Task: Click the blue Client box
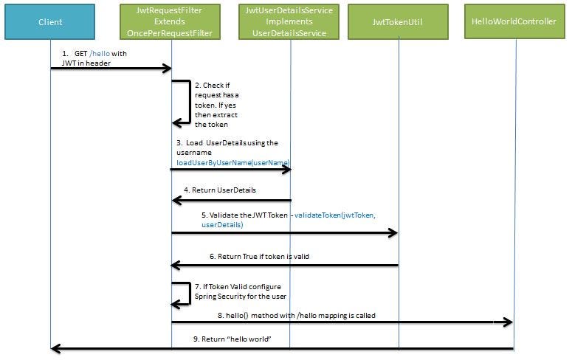(x=50, y=22)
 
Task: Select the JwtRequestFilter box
(x=171, y=22)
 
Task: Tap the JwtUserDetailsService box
(x=289, y=22)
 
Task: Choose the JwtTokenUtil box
(x=399, y=22)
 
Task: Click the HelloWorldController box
(x=514, y=22)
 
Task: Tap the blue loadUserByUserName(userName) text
(x=232, y=162)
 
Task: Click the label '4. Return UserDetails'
(x=220, y=190)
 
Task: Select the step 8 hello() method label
(x=296, y=315)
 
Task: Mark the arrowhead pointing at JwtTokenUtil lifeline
(x=393, y=233)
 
